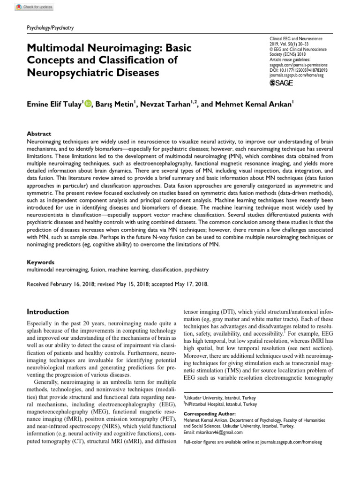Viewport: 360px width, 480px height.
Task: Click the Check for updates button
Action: [35, 7]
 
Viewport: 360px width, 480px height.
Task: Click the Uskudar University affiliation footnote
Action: [220, 397]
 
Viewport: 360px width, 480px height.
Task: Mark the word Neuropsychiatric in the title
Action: [73, 73]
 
